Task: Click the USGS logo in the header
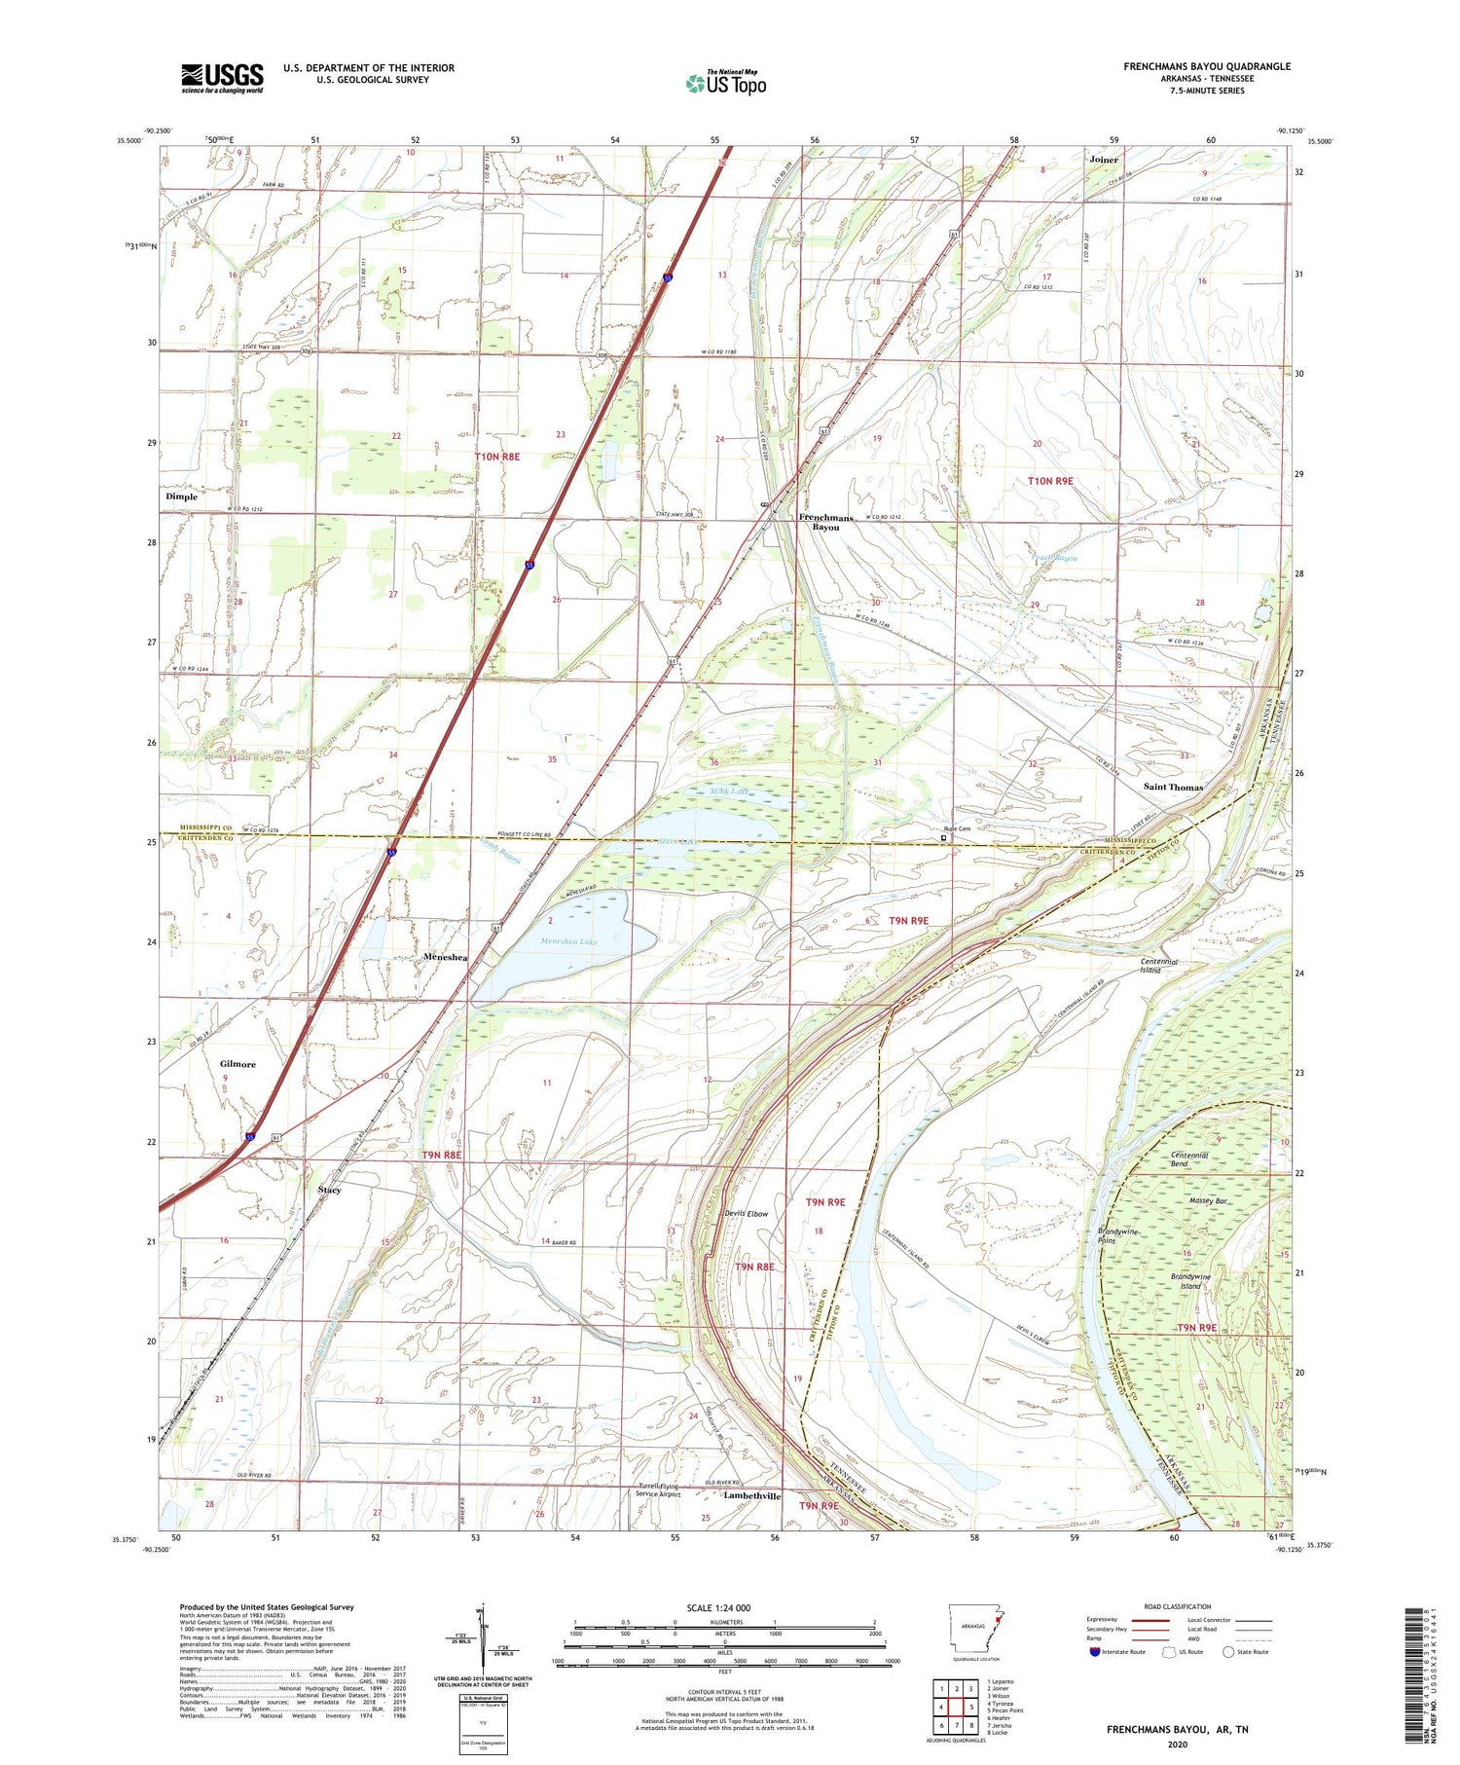[222, 78]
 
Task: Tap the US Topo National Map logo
[726, 83]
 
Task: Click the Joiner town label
[1104, 160]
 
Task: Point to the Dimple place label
[181, 496]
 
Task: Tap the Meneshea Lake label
[569, 941]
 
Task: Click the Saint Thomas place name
[1173, 787]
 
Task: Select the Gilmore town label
[237, 1064]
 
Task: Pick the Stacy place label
[329, 1190]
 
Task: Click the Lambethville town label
[751, 1496]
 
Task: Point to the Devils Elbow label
[746, 1214]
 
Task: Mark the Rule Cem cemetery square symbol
[943, 836]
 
